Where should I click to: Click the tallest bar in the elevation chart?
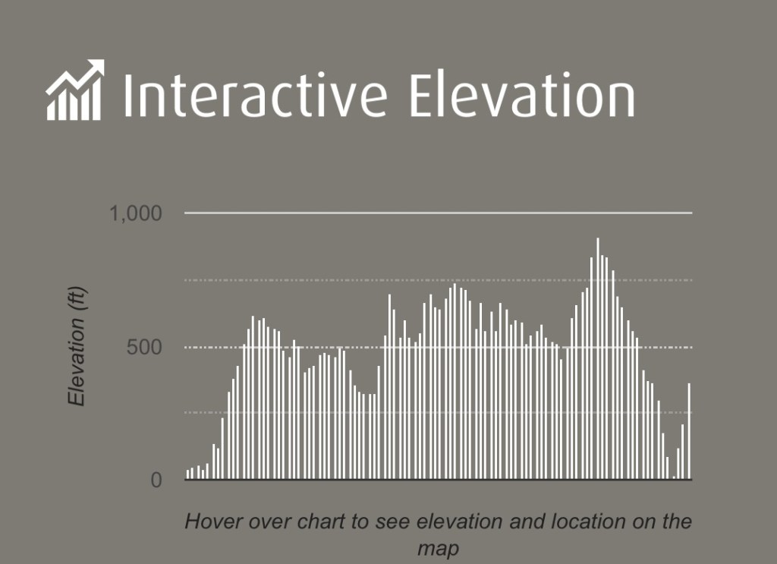pyautogui.click(x=598, y=358)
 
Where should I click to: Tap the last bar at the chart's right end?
pyautogui.click(x=689, y=431)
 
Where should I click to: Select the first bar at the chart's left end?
pyautogui.click(x=188, y=474)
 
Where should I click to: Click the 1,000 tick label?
pyautogui.click(x=135, y=213)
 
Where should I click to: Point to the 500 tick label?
pyautogui.click(x=144, y=348)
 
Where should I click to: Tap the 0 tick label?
pyautogui.click(x=156, y=481)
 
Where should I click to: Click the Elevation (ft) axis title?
pyautogui.click(x=77, y=346)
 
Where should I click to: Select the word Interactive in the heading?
pyautogui.click(x=255, y=95)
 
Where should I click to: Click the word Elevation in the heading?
pyautogui.click(x=523, y=95)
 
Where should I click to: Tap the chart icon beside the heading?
pyautogui.click(x=75, y=90)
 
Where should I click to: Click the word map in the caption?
pyautogui.click(x=438, y=549)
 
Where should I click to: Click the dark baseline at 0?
pyautogui.click(x=439, y=480)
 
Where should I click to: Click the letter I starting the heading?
pyautogui.click(x=127, y=95)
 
